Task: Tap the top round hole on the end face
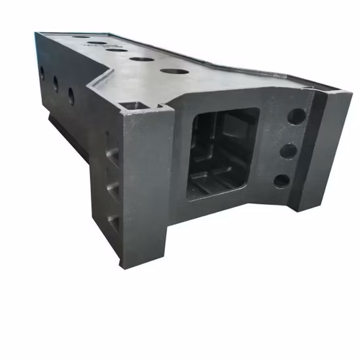click(x=296, y=117)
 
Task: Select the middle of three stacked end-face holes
click(x=289, y=151)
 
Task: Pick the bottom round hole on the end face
click(x=282, y=181)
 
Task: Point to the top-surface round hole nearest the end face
click(x=173, y=71)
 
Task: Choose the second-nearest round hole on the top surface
click(x=141, y=59)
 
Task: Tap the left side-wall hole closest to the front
click(x=71, y=96)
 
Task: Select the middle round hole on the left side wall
click(x=55, y=83)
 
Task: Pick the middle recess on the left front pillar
click(x=113, y=189)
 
